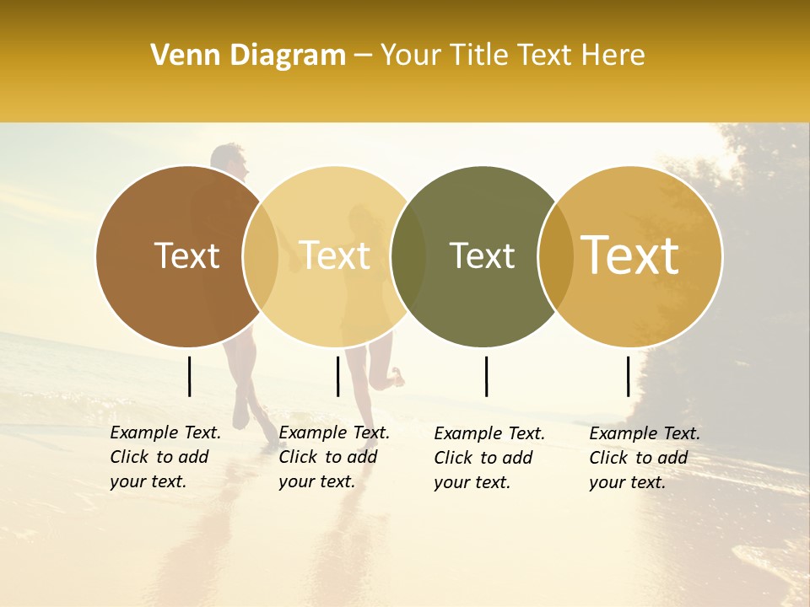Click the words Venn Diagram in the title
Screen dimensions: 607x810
point(247,56)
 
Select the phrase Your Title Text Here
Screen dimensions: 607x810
point(512,56)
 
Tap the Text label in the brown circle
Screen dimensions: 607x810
point(186,255)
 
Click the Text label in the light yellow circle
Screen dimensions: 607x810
point(335,255)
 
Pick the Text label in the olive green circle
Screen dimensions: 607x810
point(482,255)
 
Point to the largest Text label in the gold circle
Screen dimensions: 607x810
point(630,255)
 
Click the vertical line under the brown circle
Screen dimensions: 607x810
point(190,376)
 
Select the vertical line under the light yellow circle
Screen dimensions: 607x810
point(337,376)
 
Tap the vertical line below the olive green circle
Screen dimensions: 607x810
point(486,376)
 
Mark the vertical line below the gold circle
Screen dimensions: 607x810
point(629,376)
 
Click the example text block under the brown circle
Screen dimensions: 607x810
point(165,457)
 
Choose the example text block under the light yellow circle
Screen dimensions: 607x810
point(334,457)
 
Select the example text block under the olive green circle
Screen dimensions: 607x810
point(489,458)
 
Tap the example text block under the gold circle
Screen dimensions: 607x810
point(645,458)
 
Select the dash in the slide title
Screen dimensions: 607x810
point(363,56)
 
